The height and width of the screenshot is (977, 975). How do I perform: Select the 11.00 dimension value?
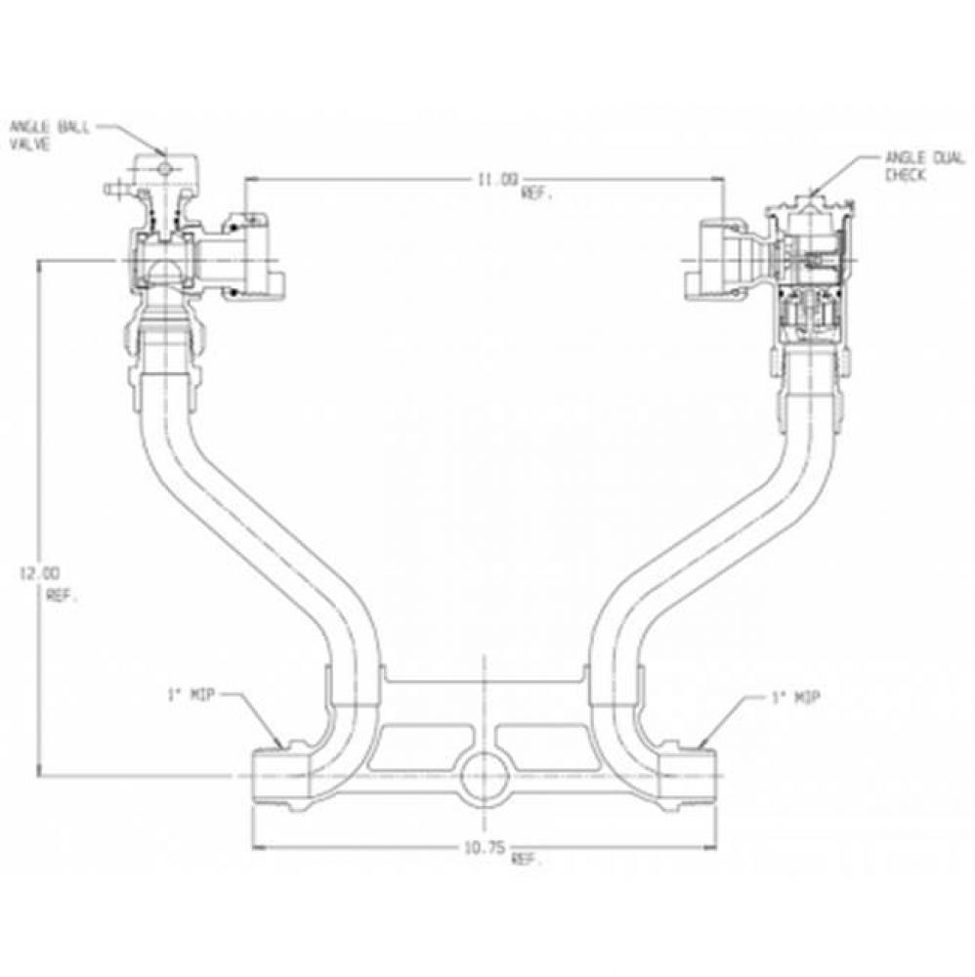pyautogui.click(x=494, y=179)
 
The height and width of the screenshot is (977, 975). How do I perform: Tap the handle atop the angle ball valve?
pyautogui.click(x=163, y=169)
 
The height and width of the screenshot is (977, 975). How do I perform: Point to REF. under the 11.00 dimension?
pyautogui.click(x=537, y=194)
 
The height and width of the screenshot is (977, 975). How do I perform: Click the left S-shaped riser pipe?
pyautogui.click(x=244, y=518)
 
